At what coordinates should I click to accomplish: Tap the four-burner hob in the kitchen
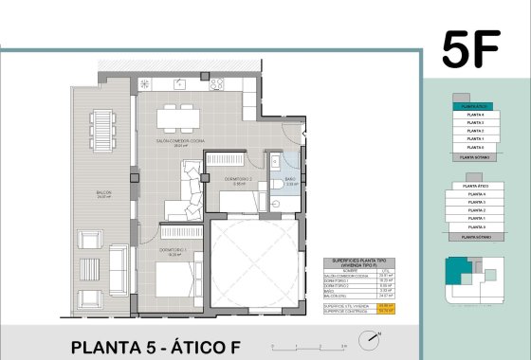(x=214, y=82)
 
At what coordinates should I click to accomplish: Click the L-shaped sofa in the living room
(x=189, y=189)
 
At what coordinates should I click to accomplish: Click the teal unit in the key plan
(x=459, y=269)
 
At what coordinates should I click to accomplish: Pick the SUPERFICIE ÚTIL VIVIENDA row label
(x=351, y=305)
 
